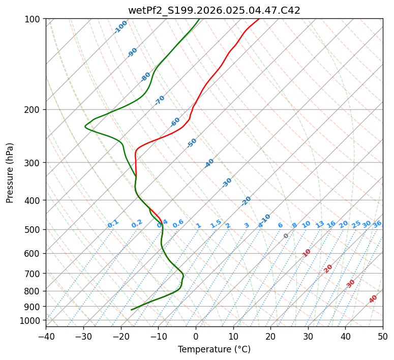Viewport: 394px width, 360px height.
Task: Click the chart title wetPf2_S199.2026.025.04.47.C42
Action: coord(214,10)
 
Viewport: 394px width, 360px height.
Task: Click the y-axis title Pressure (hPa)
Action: coord(10,172)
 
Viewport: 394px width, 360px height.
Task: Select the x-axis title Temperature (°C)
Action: coord(214,349)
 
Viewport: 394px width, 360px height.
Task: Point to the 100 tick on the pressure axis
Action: coord(34,19)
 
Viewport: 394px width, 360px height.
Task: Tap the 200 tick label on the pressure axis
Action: coord(34,109)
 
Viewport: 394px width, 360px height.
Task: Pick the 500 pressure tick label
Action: coord(34,229)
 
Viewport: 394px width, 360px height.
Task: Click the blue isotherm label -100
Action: coord(120,27)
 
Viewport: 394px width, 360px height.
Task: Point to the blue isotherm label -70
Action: coord(160,100)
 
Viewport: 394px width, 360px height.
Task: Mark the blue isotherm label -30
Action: coord(227,183)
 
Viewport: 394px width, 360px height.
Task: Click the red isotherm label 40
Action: coord(373,299)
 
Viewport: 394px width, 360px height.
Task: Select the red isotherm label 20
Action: coord(328,268)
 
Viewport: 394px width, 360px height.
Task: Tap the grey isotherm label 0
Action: coord(286,236)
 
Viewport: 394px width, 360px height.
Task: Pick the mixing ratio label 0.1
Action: coord(113,223)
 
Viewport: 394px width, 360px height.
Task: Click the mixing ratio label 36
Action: coord(377,224)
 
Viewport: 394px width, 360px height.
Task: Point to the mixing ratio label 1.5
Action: coord(216,223)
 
